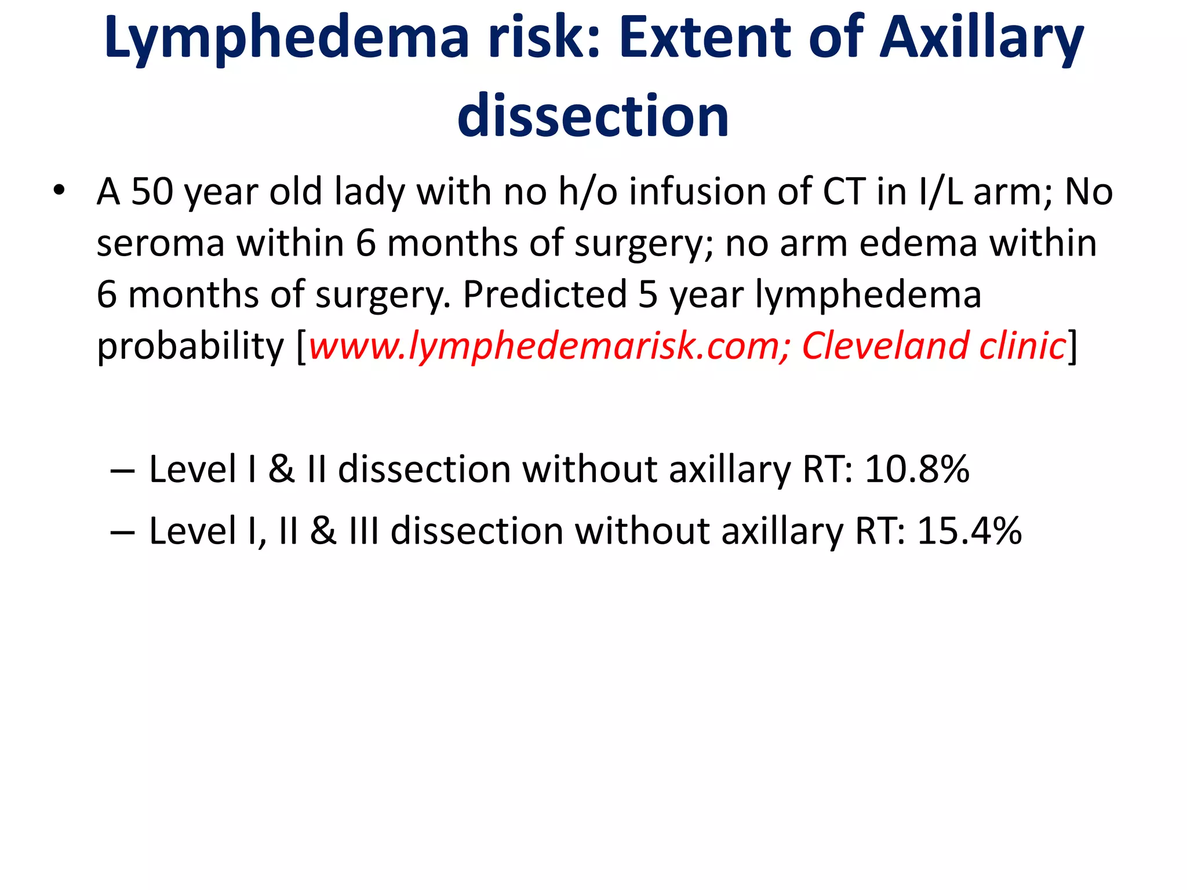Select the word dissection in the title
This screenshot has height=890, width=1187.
593,116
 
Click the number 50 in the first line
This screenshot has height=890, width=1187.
152,191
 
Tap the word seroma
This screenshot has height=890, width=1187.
161,243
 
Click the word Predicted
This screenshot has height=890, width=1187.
545,294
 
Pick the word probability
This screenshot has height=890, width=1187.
190,346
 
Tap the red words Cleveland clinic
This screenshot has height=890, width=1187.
934,346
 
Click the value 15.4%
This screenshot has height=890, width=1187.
969,531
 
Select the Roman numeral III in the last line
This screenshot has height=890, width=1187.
364,531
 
